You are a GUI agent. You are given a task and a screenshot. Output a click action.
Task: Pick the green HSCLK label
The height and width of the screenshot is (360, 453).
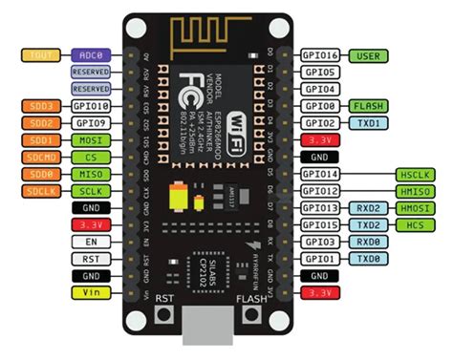tap(415, 175)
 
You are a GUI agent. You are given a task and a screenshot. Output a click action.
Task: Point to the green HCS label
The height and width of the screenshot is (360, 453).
tap(415, 225)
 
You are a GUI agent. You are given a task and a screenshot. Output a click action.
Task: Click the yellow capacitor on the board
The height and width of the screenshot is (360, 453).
tap(176, 198)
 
